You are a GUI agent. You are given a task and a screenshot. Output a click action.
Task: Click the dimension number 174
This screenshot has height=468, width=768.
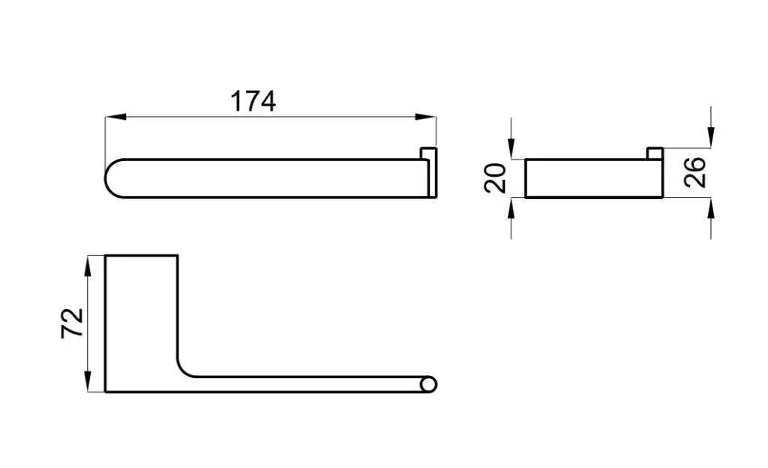[x=253, y=101]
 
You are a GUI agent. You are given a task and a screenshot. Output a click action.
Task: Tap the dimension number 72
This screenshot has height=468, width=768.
[x=72, y=323]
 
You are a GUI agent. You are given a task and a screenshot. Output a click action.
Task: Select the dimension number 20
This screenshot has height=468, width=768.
[x=495, y=178]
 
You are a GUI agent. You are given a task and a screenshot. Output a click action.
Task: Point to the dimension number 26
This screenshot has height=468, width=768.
[x=695, y=173]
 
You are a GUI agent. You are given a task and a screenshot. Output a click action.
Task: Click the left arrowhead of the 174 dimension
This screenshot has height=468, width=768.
[x=115, y=117]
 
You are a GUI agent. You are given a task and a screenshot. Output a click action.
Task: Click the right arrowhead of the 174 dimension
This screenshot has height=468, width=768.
[x=425, y=117]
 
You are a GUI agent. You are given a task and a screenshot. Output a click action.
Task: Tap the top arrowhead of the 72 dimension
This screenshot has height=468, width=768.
[x=87, y=266]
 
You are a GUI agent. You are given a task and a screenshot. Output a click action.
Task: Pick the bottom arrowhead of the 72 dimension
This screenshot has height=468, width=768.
[x=87, y=381]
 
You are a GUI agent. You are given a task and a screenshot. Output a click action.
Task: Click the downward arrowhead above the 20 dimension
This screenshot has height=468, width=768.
[x=511, y=149]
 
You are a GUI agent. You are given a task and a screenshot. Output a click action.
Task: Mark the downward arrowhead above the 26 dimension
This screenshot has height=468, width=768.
[x=711, y=137]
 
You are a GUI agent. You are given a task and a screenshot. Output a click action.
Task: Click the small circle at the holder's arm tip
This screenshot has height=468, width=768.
[x=428, y=384]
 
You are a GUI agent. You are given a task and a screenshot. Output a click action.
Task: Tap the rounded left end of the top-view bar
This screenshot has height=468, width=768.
[x=106, y=178]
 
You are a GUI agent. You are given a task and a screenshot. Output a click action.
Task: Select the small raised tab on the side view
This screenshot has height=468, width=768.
[x=655, y=153]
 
